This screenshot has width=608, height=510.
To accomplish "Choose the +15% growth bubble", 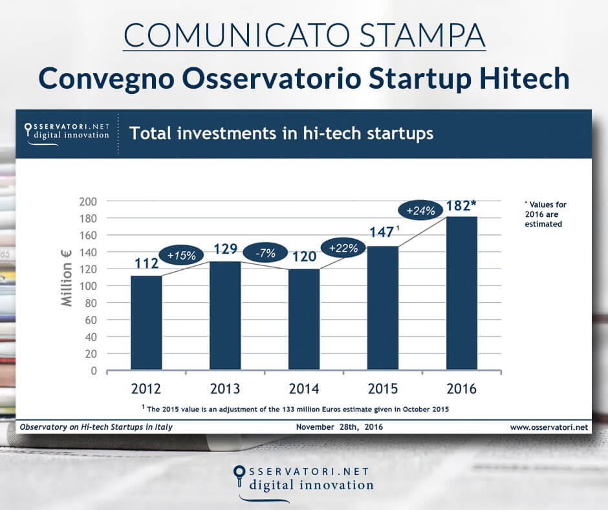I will pyautogui.click(x=182, y=255).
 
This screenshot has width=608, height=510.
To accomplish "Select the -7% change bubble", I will pyautogui.click(x=261, y=254).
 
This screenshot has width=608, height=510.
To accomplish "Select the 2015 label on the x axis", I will pyautogui.click(x=382, y=389).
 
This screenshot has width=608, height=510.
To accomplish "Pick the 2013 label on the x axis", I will pyautogui.click(x=224, y=389).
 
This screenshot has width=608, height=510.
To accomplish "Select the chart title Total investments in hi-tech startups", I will pyautogui.click(x=281, y=134).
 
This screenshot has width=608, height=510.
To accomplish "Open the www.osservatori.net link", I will pyautogui.click(x=548, y=427).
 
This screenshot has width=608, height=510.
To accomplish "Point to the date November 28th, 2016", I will pyautogui.click(x=340, y=427).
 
